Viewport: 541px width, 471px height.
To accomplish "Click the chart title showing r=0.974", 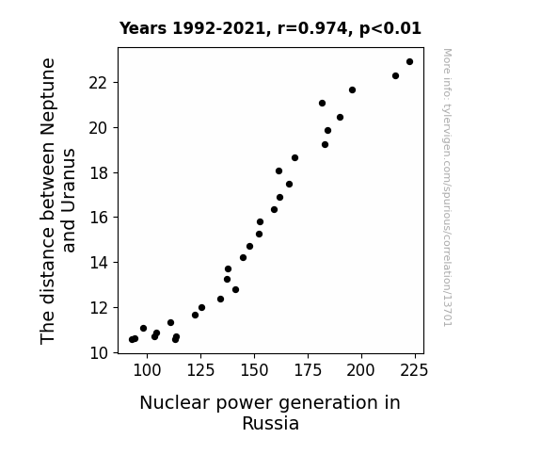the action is click(270, 28).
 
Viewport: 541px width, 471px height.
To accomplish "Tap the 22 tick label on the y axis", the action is click(99, 83).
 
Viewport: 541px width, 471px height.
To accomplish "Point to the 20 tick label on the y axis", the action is click(99, 128).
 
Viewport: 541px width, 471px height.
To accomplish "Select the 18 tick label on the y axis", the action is click(99, 173).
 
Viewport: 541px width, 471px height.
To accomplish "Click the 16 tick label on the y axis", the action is click(99, 218).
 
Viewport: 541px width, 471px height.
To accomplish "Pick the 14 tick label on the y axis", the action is click(99, 263).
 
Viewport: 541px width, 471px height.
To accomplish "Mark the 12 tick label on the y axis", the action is click(99, 308).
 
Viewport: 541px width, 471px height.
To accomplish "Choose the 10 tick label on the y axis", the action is click(99, 353).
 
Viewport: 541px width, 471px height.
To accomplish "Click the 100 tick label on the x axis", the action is click(147, 370).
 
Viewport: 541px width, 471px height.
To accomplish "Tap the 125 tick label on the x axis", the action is click(200, 370).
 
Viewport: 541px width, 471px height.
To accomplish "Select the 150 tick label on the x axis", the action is click(254, 370).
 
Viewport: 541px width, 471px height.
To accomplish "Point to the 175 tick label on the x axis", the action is click(308, 370).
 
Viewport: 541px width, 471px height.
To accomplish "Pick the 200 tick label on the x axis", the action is click(361, 370).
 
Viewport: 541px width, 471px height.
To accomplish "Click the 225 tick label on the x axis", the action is click(415, 370).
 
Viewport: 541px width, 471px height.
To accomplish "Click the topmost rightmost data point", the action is click(409, 62).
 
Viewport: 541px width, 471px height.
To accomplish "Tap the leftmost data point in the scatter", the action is click(132, 340).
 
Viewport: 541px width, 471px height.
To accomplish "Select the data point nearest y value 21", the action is click(323, 104).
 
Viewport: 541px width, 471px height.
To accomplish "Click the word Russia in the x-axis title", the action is click(271, 424).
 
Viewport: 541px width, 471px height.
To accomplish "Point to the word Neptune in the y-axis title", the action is click(48, 97).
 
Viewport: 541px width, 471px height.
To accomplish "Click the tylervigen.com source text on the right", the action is click(448, 187).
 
